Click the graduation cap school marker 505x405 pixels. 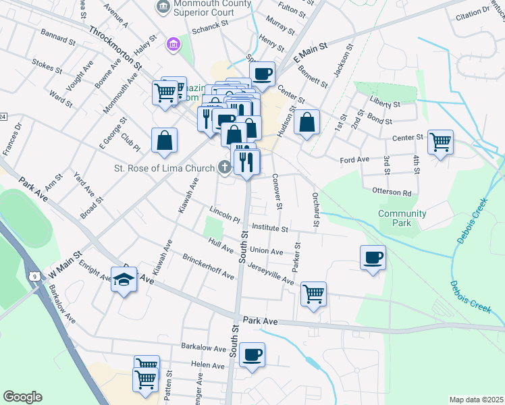click(x=124, y=279)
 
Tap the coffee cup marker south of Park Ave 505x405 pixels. click(x=252, y=354)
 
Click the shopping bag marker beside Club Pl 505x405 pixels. click(x=165, y=140)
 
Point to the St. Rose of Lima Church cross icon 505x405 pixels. click(x=223, y=167)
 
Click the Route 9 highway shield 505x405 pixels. click(x=34, y=275)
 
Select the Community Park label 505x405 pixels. click(x=402, y=218)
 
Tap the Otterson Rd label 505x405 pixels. click(x=392, y=192)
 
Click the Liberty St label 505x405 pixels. click(x=384, y=105)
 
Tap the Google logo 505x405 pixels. click(x=23, y=397)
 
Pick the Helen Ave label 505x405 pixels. click(x=208, y=364)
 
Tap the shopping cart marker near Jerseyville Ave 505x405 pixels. click(x=313, y=294)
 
